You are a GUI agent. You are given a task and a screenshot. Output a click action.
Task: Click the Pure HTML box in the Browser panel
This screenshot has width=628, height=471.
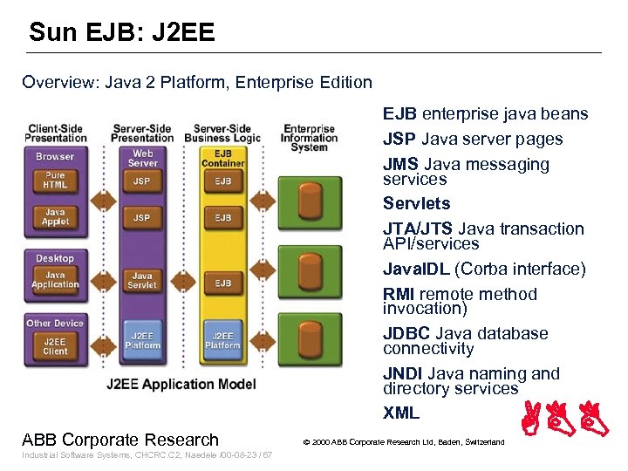55,181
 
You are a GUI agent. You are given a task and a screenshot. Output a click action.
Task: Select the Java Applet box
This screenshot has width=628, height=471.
55,217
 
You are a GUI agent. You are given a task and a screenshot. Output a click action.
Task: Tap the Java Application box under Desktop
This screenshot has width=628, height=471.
55,280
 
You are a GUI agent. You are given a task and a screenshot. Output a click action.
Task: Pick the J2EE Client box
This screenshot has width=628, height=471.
55,346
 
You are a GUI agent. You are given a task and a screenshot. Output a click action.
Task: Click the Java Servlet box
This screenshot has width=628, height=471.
141,280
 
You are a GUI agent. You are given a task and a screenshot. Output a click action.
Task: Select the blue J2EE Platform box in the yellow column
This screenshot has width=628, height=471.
222,340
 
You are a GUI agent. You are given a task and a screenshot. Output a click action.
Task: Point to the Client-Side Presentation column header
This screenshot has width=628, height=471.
55,133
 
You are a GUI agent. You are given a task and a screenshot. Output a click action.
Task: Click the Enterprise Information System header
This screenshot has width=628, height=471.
309,137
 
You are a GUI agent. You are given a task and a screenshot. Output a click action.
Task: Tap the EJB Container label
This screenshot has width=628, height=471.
222,158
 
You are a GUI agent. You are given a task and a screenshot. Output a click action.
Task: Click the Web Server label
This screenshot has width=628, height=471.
142,158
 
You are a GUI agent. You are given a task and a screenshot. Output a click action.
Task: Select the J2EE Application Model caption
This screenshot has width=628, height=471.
181,384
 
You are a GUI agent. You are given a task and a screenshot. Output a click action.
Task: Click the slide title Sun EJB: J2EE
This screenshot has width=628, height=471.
121,33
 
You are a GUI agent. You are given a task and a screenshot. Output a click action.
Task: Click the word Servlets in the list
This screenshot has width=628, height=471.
416,203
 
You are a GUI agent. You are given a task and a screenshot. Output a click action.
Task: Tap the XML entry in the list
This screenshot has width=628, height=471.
401,413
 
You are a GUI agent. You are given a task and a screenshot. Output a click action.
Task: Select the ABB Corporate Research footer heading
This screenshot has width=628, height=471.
120,440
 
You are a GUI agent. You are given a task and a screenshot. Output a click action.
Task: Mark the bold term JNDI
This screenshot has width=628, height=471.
403,373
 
